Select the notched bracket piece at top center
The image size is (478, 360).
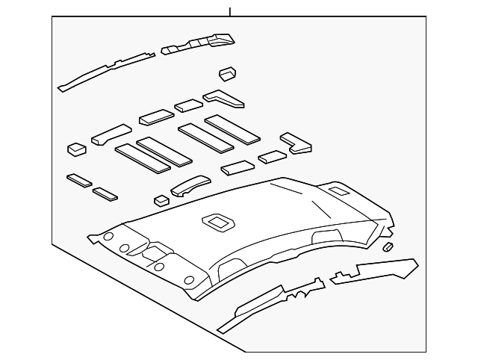tap(198, 43)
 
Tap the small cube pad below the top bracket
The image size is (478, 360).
tap(228, 73)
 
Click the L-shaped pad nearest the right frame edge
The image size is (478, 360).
tap(296, 142)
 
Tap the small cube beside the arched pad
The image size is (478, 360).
tap(161, 199)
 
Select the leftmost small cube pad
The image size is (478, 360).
tap(76, 149)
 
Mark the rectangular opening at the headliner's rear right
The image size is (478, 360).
tap(337, 192)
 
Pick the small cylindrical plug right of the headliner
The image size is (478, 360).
tap(388, 246)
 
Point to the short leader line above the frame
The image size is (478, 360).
tap(230, 11)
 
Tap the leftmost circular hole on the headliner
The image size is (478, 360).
tap(108, 238)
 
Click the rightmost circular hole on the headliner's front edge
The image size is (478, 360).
tap(189, 280)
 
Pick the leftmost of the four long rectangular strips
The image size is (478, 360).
tap(135, 157)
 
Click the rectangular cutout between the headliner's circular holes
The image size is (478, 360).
tap(158, 251)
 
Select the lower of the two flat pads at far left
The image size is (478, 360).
tap(105, 194)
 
